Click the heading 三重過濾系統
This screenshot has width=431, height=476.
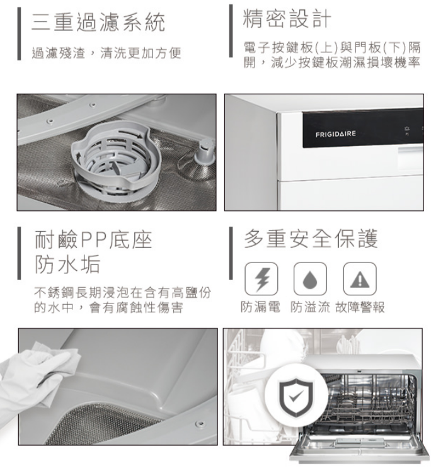click(x=98, y=22)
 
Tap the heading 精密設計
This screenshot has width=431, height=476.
click(x=287, y=19)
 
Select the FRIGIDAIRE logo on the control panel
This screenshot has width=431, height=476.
click(x=335, y=134)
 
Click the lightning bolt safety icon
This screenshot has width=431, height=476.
click(x=261, y=279)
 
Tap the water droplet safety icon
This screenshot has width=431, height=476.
click(x=310, y=279)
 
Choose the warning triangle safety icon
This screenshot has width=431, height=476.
click(x=360, y=279)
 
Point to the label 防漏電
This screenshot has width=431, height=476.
click(x=260, y=307)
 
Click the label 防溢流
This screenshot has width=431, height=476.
click(x=310, y=307)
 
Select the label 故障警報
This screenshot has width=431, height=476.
click(x=360, y=307)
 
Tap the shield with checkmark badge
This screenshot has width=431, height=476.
click(x=296, y=397)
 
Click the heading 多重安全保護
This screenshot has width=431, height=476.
click(x=311, y=239)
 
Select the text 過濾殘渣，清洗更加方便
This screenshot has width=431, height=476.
click(x=106, y=53)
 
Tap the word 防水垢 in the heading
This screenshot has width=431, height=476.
click(x=67, y=264)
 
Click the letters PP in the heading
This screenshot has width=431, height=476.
click(x=94, y=240)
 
